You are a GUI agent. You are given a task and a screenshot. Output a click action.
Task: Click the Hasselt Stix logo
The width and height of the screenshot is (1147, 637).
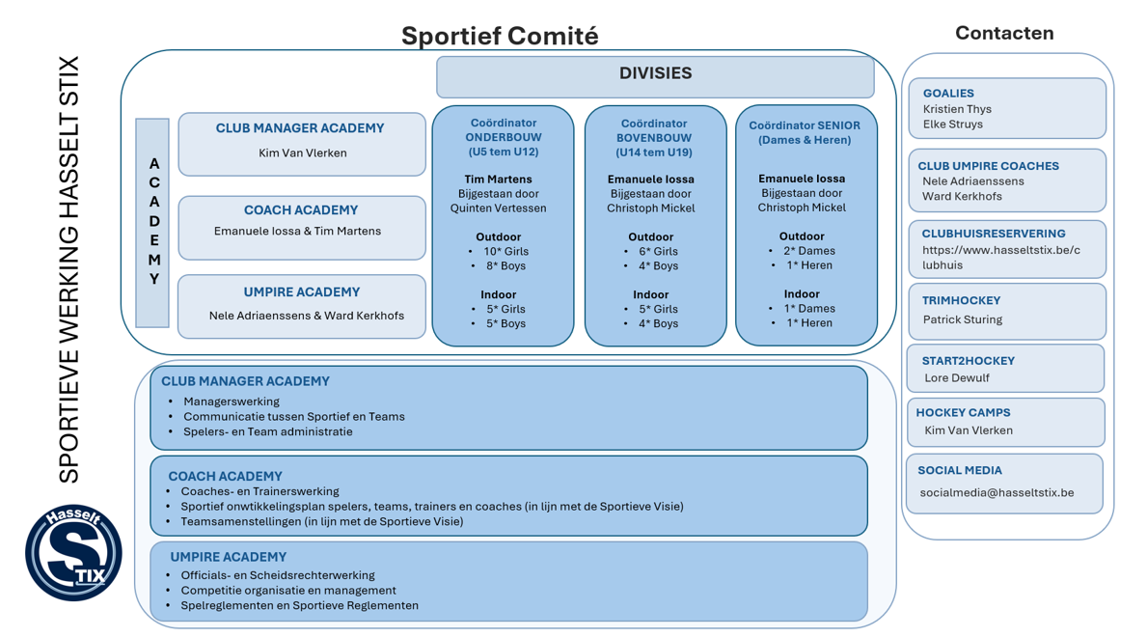(x=73, y=551)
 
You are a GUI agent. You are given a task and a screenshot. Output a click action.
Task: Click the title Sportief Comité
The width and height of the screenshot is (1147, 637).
(x=500, y=36)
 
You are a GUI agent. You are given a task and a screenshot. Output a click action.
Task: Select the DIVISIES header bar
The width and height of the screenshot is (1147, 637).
(x=655, y=74)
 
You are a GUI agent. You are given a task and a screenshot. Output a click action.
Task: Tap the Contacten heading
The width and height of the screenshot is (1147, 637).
(x=1003, y=33)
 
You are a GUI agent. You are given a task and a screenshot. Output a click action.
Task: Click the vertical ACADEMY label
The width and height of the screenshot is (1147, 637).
(x=153, y=222)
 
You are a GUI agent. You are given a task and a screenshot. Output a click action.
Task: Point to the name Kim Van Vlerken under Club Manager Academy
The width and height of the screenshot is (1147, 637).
(x=302, y=152)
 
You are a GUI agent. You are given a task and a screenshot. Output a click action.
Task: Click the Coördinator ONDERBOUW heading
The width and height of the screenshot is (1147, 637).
(x=503, y=137)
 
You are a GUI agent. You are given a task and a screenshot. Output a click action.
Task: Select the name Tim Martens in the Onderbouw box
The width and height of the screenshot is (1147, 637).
(x=498, y=179)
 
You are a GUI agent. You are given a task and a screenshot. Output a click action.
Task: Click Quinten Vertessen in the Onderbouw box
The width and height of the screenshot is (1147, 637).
(x=498, y=208)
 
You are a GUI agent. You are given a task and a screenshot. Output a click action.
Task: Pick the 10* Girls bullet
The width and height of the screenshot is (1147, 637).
(x=505, y=251)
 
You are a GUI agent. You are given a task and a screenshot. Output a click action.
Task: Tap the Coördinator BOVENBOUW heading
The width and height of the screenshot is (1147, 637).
(x=654, y=137)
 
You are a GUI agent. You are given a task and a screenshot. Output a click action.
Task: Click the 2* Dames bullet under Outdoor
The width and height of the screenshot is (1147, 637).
(x=808, y=251)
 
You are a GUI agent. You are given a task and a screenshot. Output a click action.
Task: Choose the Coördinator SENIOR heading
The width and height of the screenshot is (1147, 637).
(x=805, y=132)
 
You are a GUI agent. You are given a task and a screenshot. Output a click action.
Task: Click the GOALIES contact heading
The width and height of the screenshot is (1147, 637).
(x=947, y=94)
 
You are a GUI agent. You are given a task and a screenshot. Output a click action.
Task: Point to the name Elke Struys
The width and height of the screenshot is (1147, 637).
(x=952, y=124)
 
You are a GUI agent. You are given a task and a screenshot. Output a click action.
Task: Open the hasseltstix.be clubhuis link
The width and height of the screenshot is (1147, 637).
(x=1000, y=258)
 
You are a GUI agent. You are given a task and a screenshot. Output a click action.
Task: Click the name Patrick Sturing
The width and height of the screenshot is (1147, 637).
(x=962, y=319)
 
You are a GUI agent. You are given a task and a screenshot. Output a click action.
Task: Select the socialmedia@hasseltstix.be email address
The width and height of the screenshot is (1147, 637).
(x=997, y=492)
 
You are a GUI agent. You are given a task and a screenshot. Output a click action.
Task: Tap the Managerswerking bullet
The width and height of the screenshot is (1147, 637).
(x=232, y=402)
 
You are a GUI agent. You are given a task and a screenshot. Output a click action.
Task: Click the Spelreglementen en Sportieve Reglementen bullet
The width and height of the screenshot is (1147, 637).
(x=299, y=605)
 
